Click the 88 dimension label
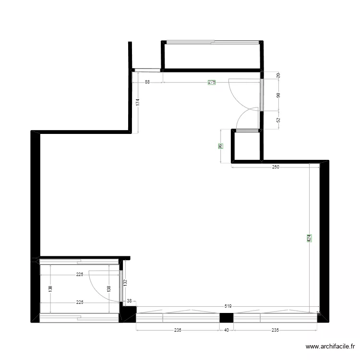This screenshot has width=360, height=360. coord(147,82)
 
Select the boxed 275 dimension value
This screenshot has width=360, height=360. coord(212,82)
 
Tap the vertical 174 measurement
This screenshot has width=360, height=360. coord(137,102)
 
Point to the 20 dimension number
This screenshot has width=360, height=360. coord(278,75)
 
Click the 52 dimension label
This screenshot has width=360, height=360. coord(278,120)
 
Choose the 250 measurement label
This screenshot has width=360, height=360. coord(275,167)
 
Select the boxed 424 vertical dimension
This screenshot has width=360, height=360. coord(309,238)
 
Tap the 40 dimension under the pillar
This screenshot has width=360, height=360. coord(227,330)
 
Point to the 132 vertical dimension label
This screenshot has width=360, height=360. coord(125,284)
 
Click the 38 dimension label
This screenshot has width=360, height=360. coord(129,301)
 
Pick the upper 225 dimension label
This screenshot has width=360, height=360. coord(80,275)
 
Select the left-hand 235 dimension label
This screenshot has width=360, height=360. coord(177,330)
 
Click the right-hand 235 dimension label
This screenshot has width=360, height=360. coord(275,330)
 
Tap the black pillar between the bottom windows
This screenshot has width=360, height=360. coord(226,317)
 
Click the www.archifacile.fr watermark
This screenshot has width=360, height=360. coord(331,347)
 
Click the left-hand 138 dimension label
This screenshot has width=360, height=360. coord(50,288)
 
